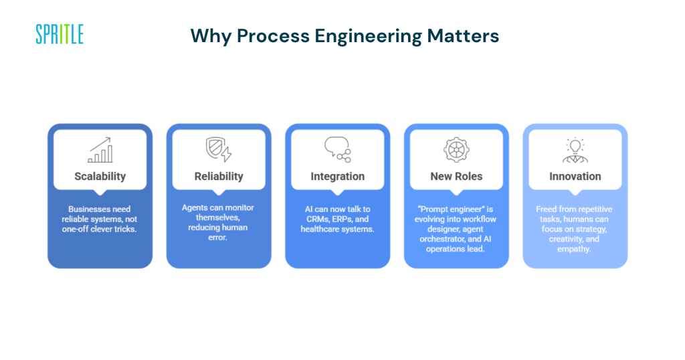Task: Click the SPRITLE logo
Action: click(60, 34)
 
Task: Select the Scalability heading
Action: click(100, 177)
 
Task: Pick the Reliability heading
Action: click(219, 177)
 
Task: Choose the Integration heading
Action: click(338, 177)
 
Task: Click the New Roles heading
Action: click(456, 177)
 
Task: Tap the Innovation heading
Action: click(575, 177)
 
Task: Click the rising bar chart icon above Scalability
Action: click(100, 150)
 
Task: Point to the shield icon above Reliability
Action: click(218, 150)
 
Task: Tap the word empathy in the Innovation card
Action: click(575, 249)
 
